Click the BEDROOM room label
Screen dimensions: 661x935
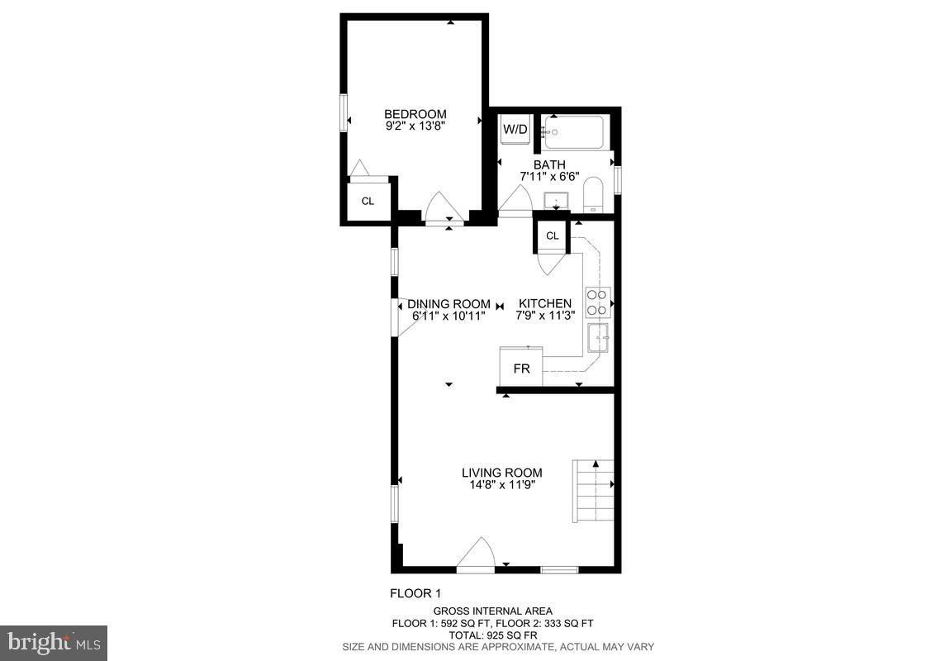point(415,114)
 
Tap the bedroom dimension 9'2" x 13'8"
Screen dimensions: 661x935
point(415,126)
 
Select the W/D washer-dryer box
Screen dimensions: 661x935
point(515,130)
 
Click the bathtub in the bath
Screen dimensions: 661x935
point(573,132)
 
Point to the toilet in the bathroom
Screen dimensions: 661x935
point(594,197)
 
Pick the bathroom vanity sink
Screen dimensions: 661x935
point(556,201)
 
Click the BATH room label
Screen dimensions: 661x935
point(548,165)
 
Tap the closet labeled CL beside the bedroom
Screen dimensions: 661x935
point(368,201)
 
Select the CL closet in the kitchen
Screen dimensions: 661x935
point(553,236)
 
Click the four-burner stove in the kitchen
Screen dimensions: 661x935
point(597,302)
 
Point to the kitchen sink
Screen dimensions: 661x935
point(598,337)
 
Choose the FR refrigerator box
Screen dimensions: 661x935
point(521,369)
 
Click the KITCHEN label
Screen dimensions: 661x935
point(544,304)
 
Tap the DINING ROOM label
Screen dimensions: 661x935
point(449,304)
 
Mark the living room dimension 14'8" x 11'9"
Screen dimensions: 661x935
point(501,485)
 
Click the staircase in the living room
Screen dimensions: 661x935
point(594,491)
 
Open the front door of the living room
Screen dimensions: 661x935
point(476,555)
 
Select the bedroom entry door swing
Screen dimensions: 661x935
point(444,207)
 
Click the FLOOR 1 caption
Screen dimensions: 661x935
point(416,593)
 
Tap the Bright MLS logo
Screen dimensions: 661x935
point(54,642)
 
